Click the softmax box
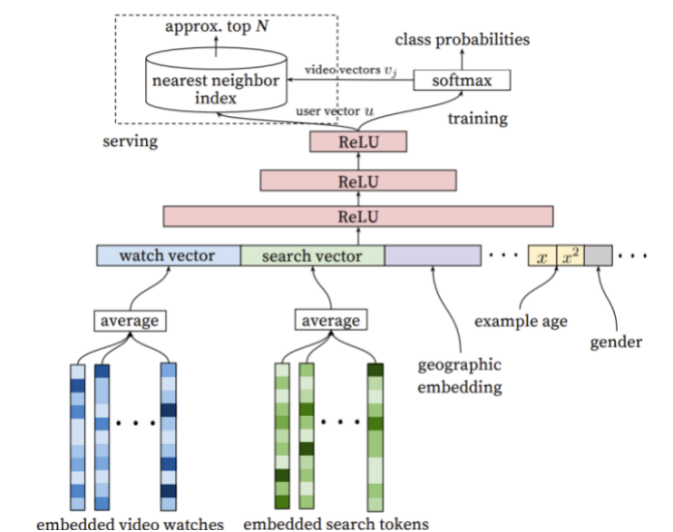tap(462, 80)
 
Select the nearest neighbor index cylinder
tap(216, 80)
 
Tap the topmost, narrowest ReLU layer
tap(359, 141)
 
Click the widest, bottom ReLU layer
tap(359, 217)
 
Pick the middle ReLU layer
tap(359, 181)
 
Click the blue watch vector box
tap(168, 255)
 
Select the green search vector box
tap(312, 255)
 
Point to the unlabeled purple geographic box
tap(432, 255)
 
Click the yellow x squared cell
tap(571, 255)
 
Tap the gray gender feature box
tap(599, 255)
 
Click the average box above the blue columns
tap(130, 321)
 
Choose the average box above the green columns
tap(331, 320)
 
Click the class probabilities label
tap(462, 40)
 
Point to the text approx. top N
tap(217, 27)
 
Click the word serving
tap(130, 141)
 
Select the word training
tap(478, 119)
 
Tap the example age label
tap(520, 321)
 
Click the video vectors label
tap(351, 70)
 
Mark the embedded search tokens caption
tap(336, 524)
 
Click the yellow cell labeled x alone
tap(542, 255)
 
